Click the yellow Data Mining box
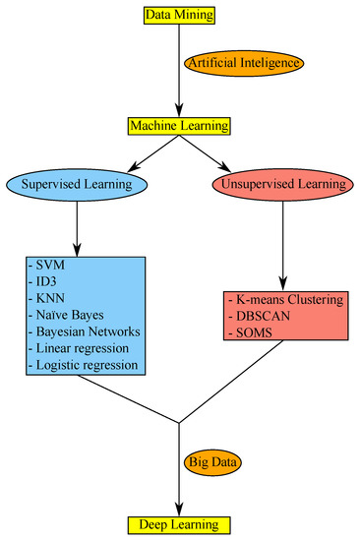click(179, 15)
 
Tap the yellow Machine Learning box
click(179, 126)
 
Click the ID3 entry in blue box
click(44, 285)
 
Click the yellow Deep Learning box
click(179, 523)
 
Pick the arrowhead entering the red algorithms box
click(284, 282)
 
